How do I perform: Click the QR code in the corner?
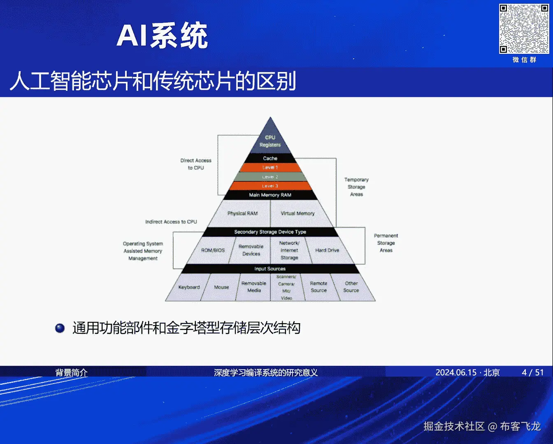(x=524, y=29)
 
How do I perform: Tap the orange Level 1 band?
(x=270, y=167)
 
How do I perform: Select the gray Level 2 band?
(x=270, y=177)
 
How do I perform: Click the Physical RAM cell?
(x=242, y=213)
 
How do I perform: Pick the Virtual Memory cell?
(x=297, y=213)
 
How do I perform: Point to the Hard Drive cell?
(x=327, y=250)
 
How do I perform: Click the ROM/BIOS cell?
(x=213, y=250)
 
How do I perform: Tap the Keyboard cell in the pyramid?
(x=189, y=287)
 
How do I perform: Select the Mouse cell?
(x=221, y=287)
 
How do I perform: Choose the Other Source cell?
(x=351, y=287)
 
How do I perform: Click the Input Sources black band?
(x=270, y=269)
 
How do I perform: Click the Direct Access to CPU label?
(x=196, y=164)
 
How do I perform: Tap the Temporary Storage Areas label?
(x=356, y=187)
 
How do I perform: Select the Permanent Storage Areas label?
(x=386, y=243)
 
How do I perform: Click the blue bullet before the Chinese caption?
(x=60, y=328)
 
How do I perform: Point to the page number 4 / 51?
(x=533, y=372)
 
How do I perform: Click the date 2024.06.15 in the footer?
(x=455, y=372)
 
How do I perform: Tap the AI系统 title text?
(x=163, y=36)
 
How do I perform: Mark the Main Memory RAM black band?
(x=270, y=195)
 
